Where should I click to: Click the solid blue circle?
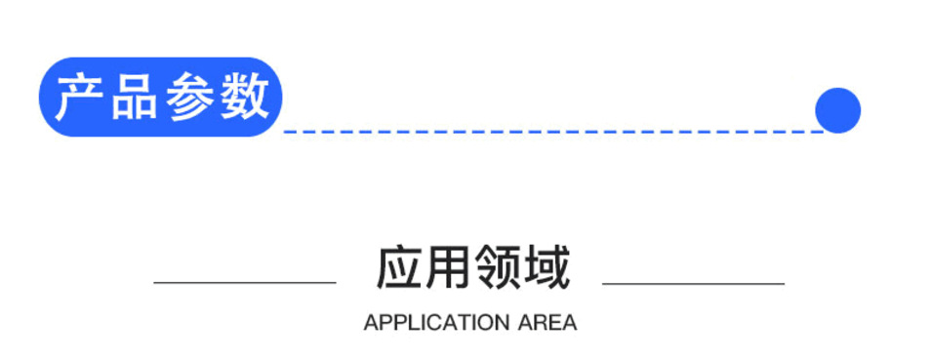click(x=837, y=110)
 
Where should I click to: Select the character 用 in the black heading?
click(x=449, y=267)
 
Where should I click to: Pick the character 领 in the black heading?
click(x=497, y=267)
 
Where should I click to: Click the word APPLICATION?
click(x=436, y=323)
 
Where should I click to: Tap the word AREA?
click(x=546, y=323)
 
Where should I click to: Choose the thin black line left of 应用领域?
click(x=244, y=283)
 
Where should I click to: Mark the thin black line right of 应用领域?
click(x=693, y=284)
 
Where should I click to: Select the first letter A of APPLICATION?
click(x=370, y=323)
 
